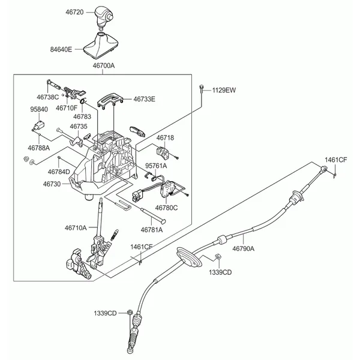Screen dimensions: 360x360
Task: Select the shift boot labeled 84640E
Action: [x=104, y=49]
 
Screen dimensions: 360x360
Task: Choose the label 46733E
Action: [x=144, y=99]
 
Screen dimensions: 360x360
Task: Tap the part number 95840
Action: [x=40, y=110]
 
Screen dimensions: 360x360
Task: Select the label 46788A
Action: [x=39, y=147]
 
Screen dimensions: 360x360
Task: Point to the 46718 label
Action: [x=165, y=137]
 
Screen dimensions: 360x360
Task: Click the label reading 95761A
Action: [x=155, y=165]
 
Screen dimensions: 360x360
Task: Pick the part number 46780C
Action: [x=166, y=208]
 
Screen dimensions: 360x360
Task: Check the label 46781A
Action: [x=152, y=229]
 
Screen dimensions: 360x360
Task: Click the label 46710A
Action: [x=76, y=227]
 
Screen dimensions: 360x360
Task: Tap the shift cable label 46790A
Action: [x=243, y=248]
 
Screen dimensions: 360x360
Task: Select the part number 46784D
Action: [x=59, y=172]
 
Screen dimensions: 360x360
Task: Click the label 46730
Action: [x=52, y=184]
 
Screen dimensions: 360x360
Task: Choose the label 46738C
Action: [x=47, y=96]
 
